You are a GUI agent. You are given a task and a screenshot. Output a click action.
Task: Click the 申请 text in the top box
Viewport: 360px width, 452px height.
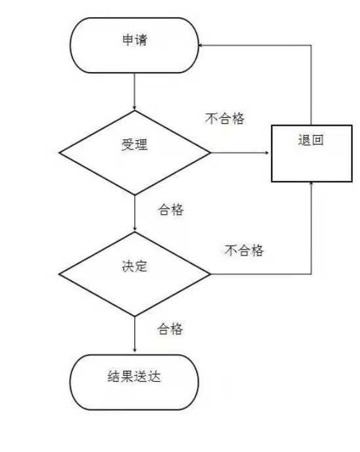(134, 40)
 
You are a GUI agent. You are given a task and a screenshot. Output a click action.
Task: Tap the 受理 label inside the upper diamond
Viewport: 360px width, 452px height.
(134, 144)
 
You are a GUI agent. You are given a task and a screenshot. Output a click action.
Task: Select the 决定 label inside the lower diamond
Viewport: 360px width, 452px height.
(134, 266)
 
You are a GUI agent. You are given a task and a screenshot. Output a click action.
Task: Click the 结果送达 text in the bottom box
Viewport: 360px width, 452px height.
(134, 376)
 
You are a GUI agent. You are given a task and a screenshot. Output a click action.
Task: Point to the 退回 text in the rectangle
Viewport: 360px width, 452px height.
(311, 140)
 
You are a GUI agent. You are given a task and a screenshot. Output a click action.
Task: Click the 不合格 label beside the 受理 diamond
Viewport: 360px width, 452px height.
(225, 118)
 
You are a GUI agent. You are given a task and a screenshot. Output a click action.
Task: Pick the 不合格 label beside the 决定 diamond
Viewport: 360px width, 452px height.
(244, 250)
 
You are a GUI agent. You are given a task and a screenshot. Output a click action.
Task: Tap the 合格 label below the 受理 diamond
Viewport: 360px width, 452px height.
(170, 210)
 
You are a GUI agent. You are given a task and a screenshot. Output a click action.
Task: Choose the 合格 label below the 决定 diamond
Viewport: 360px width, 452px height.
(170, 329)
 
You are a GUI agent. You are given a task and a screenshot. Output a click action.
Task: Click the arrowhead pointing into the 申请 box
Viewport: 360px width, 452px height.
(200, 45)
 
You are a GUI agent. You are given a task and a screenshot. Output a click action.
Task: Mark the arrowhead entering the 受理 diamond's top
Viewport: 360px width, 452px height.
(134, 108)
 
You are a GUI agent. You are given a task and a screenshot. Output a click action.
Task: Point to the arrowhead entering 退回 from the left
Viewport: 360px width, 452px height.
(266, 153)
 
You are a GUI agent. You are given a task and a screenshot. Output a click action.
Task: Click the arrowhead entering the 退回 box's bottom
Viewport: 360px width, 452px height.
(311, 183)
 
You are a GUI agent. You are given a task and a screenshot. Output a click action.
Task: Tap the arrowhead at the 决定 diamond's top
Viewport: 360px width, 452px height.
(134, 229)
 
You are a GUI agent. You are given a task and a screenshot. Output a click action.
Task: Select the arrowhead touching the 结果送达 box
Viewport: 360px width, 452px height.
(134, 350)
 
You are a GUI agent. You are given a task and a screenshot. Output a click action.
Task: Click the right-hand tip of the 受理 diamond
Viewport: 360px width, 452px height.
(210, 153)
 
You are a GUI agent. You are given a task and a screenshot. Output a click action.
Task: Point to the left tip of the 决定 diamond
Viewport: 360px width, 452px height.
(59, 274)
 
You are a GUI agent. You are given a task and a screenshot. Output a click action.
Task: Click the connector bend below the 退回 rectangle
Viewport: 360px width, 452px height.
(311, 274)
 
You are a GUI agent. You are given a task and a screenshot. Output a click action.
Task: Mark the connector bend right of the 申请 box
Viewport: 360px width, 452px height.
(311, 45)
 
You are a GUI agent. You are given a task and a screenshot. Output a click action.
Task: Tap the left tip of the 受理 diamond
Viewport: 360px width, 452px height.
(59, 153)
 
